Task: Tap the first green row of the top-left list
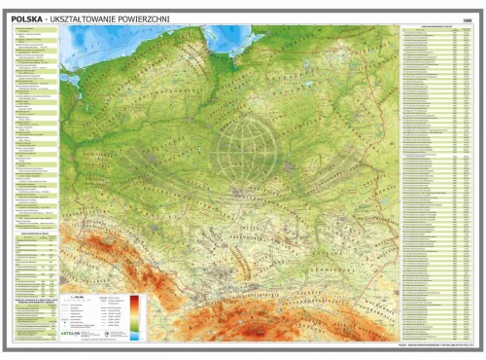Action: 35,30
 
